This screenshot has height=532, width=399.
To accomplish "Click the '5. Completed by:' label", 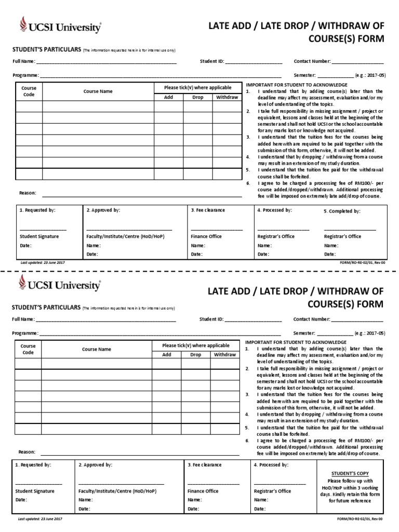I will [342, 211].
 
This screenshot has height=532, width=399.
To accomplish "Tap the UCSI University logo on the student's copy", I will [60, 284].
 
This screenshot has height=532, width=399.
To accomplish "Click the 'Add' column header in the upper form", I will [169, 97].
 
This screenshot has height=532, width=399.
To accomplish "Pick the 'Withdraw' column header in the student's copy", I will [224, 355].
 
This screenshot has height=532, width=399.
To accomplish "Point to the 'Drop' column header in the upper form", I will [198, 97].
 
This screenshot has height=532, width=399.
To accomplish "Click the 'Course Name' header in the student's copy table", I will [97, 349].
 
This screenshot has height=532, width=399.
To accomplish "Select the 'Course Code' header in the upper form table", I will [29, 91].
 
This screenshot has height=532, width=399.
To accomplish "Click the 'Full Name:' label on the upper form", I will [24, 61].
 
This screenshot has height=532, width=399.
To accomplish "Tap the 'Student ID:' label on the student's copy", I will [211, 319].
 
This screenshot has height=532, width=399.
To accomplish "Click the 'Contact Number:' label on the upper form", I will [312, 61].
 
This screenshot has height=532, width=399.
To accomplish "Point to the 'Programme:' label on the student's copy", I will [25, 332].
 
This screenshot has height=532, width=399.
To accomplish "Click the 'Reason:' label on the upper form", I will [28, 193].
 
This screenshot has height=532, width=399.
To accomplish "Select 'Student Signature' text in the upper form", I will [39, 236].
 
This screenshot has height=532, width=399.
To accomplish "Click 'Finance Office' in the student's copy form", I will [203, 491].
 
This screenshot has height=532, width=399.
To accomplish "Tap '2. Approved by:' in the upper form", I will [103, 210].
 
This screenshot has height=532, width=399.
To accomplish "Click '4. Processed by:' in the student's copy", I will [271, 465].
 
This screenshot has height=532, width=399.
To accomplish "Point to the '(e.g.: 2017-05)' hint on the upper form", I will [370, 75].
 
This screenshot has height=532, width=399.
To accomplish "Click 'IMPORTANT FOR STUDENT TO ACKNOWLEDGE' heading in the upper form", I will [297, 85].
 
